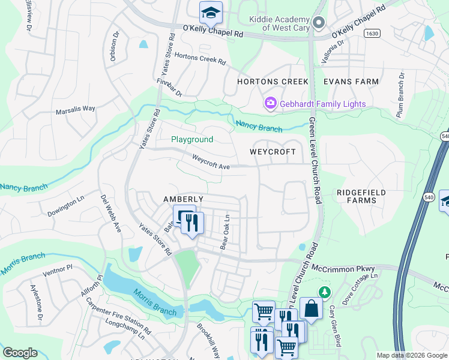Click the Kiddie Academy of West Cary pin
[319, 23]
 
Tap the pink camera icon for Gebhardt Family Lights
[270, 104]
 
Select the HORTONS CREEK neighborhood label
[273, 82]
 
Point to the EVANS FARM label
[351, 82]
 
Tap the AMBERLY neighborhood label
[184, 199]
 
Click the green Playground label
[192, 139]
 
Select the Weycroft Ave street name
[211, 162]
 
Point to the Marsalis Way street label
[76, 109]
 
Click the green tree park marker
[325, 292]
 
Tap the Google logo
[20, 353]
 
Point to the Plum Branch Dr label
[400, 96]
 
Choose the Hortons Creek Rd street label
[200, 61]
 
